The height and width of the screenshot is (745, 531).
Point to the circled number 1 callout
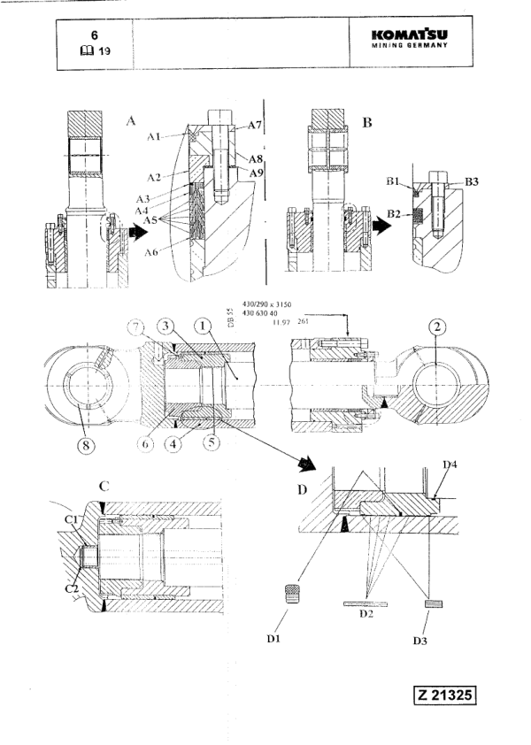pos(205,326)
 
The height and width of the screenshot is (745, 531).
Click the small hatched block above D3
pos(432,604)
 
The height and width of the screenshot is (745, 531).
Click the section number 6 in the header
pos(93,33)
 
